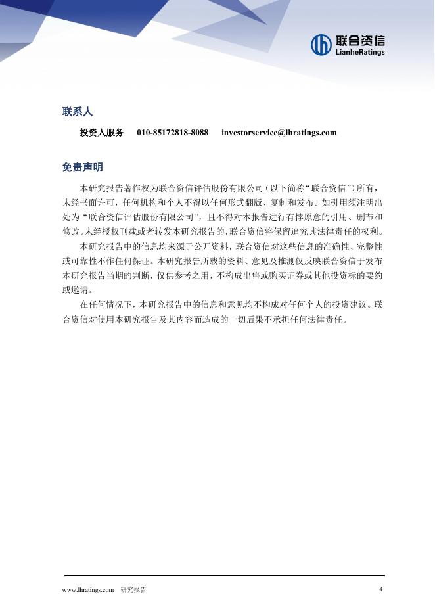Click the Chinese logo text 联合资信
pos(359,40)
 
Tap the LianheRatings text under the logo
pos(359,53)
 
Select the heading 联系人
pos(77,112)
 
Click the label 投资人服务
pos(101,133)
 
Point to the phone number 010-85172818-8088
pos(172,133)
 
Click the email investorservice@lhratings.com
pos(279,133)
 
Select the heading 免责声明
pos(82,168)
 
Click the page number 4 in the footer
pos(381,589)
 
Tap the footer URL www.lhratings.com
pos(88,590)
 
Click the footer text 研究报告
pos(133,590)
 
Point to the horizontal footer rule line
pos(223,576)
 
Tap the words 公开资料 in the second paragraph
pos(209,246)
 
